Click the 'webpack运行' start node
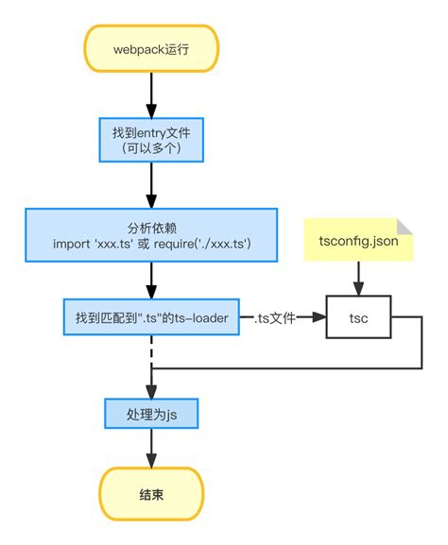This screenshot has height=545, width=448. coord(151,48)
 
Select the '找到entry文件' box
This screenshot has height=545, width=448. coord(151,139)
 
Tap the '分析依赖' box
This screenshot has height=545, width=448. coord(151,235)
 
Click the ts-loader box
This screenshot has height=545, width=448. coord(151,318)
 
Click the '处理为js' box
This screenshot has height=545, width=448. coord(151,414)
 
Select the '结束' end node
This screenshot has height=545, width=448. coord(151,493)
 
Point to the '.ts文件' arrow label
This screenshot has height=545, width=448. coord(274,319)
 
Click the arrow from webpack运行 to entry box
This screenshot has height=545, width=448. coord(151,94)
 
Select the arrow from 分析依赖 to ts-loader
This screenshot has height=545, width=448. coord(151,279)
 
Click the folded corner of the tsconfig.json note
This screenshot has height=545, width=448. coord(405,226)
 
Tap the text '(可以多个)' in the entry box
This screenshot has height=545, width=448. coord(151,148)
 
